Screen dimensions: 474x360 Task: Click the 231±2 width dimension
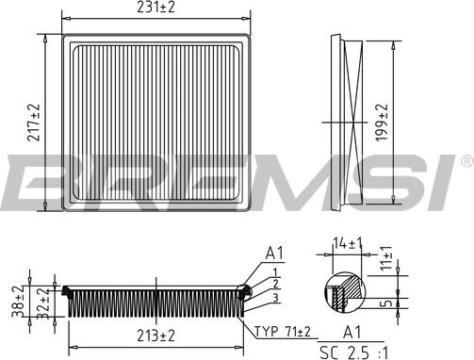point(155,8)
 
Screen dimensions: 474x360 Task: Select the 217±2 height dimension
point(34,123)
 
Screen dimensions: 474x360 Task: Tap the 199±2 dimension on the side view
point(382,123)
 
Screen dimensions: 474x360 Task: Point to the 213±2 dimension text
point(155,336)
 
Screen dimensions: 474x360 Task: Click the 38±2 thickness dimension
point(19,302)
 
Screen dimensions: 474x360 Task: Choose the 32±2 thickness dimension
point(43,303)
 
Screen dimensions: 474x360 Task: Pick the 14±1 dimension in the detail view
point(348,243)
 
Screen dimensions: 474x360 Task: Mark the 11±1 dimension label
point(386,257)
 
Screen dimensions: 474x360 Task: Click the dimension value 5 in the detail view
point(387,303)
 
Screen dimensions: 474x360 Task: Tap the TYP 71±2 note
point(282,332)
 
